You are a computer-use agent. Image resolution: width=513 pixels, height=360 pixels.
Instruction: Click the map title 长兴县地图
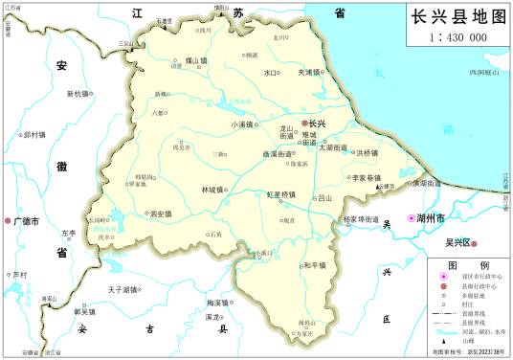(x=457, y=18)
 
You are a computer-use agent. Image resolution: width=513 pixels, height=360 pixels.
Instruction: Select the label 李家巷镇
(x=366, y=178)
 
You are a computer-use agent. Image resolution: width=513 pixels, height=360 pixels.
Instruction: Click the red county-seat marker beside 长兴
(x=305, y=124)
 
